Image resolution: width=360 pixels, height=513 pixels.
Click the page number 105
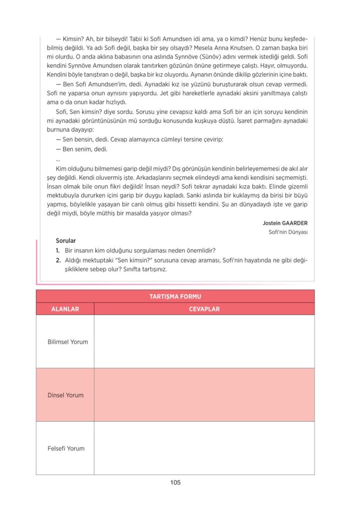[x=175, y=483]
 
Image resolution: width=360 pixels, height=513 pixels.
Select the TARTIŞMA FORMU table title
[x=175, y=297]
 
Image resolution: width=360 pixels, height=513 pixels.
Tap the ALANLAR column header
[x=65, y=309]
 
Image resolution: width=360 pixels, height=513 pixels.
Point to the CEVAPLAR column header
[x=204, y=309]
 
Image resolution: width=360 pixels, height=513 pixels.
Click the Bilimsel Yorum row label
[x=68, y=342]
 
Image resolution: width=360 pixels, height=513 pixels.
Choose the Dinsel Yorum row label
[x=66, y=395]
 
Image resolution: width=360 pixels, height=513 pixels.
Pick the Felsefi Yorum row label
[x=66, y=449]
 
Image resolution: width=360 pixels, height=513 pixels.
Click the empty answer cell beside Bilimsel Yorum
[x=204, y=342]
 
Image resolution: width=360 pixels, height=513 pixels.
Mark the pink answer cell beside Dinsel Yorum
[x=204, y=395]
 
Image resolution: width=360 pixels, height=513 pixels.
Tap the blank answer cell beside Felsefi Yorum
[x=204, y=448]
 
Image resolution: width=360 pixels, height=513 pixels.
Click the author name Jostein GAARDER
[x=285, y=223]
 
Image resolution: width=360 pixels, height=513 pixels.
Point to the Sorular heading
[x=66, y=241]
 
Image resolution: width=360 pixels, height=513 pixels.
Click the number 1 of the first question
[x=58, y=250]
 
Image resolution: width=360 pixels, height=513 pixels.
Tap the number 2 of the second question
[x=58, y=260]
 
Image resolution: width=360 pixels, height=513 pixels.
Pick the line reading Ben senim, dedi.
[x=83, y=149]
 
